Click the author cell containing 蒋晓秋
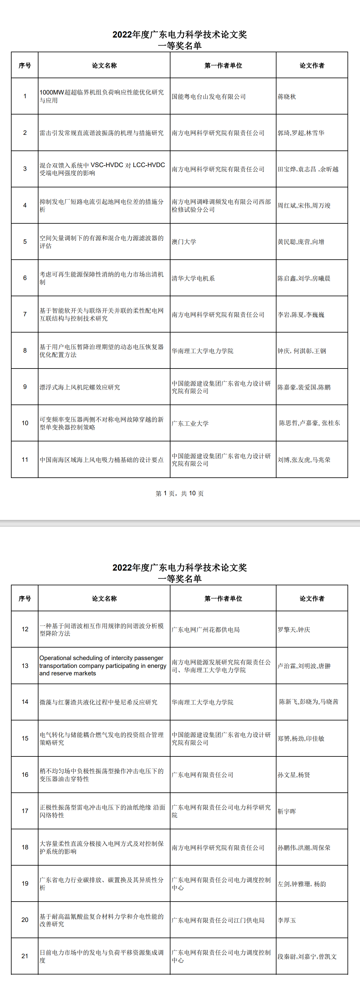tap(287, 97)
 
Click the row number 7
tap(25, 314)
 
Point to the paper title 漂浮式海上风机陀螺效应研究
tap(80, 387)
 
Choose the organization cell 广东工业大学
tap(190, 423)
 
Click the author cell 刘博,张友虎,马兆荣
tap(304, 460)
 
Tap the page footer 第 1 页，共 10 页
tap(180, 493)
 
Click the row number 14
tap(25, 702)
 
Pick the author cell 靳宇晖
tap(287, 811)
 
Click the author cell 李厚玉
tap(287, 920)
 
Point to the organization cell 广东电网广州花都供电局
tap(205, 630)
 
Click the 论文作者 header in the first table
tap(312, 66)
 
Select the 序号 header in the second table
tap(25, 598)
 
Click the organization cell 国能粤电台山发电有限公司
tap(209, 97)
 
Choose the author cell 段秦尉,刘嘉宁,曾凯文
tap(307, 957)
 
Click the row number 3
tap(25, 169)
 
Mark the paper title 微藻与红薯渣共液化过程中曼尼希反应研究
tap(99, 702)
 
